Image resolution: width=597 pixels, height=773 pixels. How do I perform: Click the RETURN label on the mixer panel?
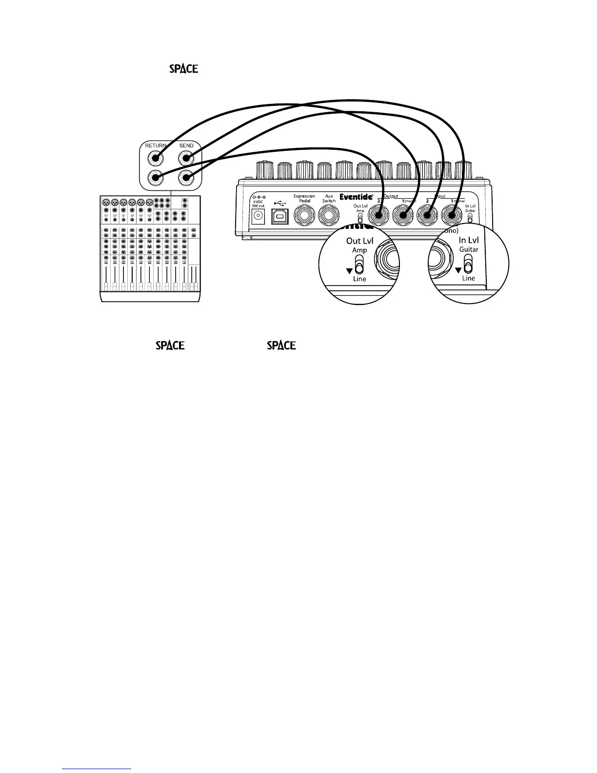point(156,145)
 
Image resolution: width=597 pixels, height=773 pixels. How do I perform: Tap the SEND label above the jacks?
point(186,145)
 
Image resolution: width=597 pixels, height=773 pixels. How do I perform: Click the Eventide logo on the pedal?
point(356,197)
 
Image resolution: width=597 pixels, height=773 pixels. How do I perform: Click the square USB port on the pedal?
point(279,216)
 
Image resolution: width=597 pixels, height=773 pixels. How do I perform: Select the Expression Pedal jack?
point(304,215)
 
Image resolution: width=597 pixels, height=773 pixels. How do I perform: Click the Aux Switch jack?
point(329,215)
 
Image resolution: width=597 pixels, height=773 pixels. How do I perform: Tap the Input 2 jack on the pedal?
point(427,215)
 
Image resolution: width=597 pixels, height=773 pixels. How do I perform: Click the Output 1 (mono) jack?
point(403,215)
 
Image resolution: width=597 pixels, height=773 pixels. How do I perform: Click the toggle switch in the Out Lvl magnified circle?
point(359,267)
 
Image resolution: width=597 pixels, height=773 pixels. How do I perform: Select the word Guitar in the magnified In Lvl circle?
point(469,249)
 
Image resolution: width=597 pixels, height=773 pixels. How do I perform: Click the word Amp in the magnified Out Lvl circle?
point(359,250)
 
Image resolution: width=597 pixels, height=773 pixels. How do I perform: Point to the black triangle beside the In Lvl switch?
point(458,270)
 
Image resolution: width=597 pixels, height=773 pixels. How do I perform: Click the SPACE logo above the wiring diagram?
point(183,69)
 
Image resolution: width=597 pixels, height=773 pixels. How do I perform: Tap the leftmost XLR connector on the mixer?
point(105,202)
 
